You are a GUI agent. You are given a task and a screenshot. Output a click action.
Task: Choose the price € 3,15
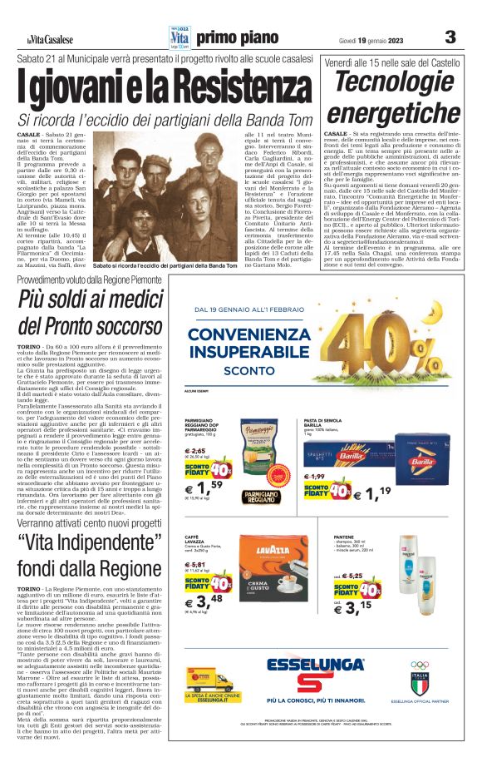coord(360,604)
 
